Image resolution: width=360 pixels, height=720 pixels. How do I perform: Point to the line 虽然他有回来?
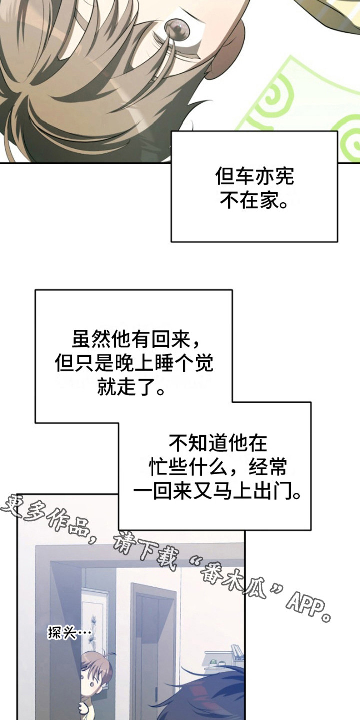[x=132, y=341]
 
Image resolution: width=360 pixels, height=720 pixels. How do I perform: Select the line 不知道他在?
[x=218, y=443]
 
